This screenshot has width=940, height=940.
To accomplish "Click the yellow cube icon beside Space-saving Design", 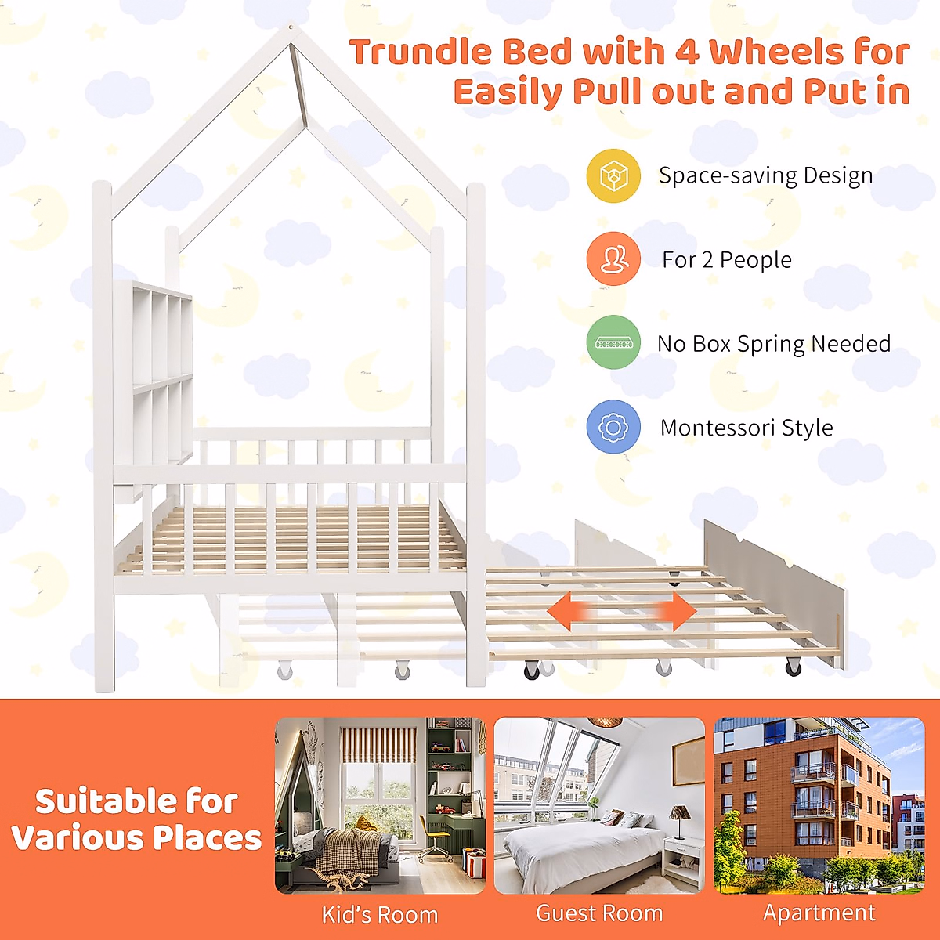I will click(613, 175).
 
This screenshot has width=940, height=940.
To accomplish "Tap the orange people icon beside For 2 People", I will click(613, 259).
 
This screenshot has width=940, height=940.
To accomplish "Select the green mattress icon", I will click(613, 342).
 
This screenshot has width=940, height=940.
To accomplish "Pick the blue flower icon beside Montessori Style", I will click(613, 427).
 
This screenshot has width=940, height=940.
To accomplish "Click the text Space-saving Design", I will click(765, 175).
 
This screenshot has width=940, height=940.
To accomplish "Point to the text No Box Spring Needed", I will click(774, 343).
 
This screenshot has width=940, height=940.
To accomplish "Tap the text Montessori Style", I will click(747, 428).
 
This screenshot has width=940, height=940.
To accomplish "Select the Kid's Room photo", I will click(380, 805).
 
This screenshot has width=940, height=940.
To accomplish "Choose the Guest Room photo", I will click(599, 805).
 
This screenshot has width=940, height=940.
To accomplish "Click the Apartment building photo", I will click(819, 805).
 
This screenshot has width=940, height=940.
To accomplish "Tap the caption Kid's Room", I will click(380, 914).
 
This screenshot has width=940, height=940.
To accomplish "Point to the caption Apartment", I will click(819, 913).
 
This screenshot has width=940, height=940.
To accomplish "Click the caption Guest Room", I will click(599, 913).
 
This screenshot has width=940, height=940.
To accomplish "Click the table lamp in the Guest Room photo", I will click(678, 819).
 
